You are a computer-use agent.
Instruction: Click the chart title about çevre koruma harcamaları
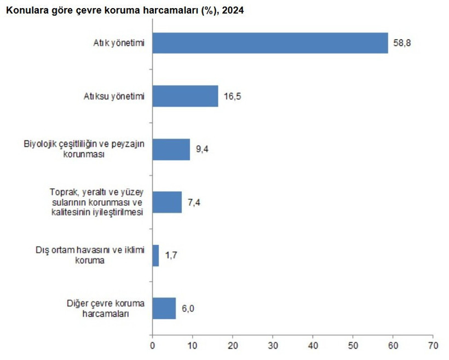click(124, 10)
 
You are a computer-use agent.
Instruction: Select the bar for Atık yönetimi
click(270, 43)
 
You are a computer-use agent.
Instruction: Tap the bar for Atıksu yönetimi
click(185, 96)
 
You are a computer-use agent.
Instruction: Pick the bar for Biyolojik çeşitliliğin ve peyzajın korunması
click(171, 149)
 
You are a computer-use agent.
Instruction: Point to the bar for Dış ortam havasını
click(156, 256)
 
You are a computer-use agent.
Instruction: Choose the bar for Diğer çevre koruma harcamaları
click(164, 309)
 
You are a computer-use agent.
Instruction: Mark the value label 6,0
click(188, 309)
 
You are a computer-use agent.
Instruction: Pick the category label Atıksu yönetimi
click(114, 97)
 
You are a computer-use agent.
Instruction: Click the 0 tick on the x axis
click(152, 346)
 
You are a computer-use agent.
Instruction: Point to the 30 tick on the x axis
click(272, 346)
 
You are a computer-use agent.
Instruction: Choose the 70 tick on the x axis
click(433, 346)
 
